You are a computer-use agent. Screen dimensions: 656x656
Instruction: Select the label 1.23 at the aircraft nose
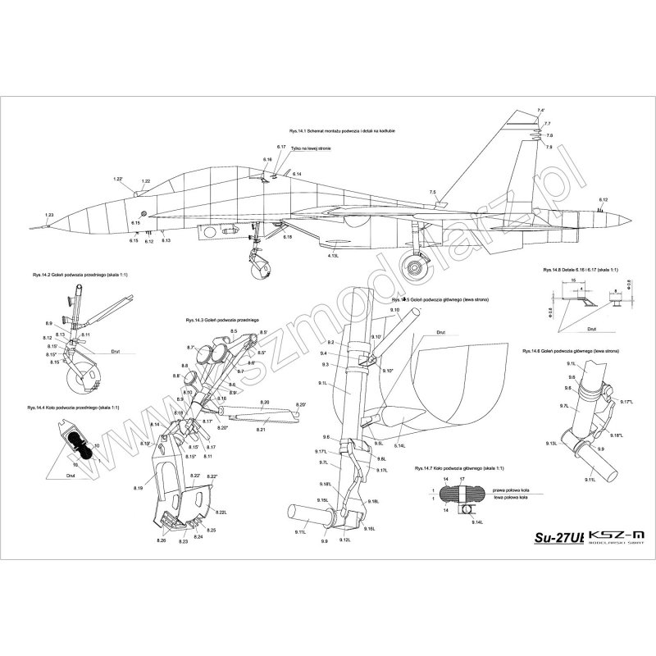coord(49,215)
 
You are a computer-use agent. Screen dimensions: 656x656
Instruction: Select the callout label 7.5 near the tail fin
coord(432,192)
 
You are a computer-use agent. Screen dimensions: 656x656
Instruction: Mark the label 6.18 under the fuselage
coord(287,236)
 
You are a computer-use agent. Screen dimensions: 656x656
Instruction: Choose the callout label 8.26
coord(161,541)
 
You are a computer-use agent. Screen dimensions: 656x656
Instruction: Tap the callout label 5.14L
coord(400,445)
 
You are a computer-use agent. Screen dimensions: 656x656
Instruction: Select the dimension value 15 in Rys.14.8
coord(574,280)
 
